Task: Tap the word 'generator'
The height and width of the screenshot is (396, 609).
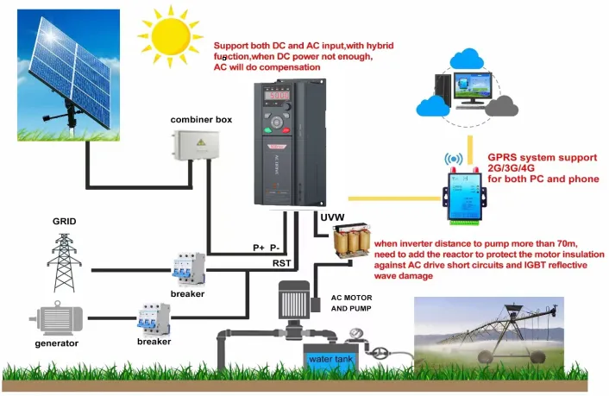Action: pyautogui.click(x=57, y=343)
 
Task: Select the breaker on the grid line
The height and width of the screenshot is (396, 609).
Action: pyautogui.click(x=188, y=269)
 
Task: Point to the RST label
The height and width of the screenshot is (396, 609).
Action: pyautogui.click(x=281, y=262)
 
